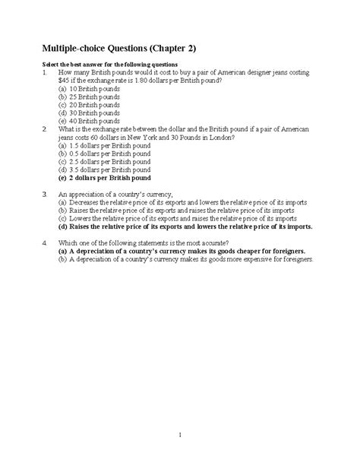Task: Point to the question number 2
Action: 46,129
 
